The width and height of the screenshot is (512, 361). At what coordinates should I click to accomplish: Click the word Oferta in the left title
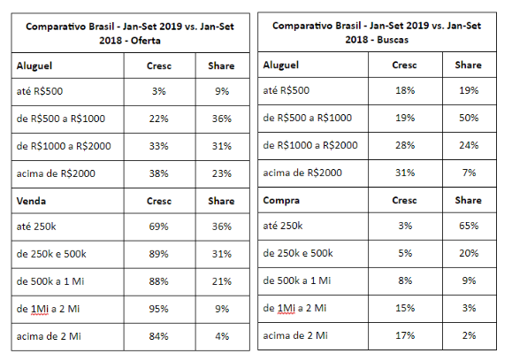[x=146, y=41]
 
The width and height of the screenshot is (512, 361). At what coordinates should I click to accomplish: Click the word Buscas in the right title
[x=393, y=40]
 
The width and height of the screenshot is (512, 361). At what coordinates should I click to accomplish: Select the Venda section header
[x=31, y=201]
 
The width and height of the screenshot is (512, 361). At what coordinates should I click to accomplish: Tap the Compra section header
[x=281, y=200]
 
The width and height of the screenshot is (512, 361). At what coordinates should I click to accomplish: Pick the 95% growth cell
[x=158, y=309]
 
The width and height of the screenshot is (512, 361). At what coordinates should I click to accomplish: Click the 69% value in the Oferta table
[x=158, y=227]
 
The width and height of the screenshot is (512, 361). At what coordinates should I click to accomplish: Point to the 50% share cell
[x=469, y=118]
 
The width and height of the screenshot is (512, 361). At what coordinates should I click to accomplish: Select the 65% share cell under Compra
[x=469, y=226]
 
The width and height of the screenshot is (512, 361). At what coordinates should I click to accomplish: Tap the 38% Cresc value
[x=158, y=173]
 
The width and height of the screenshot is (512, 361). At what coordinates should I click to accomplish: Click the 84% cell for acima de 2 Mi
[x=158, y=336]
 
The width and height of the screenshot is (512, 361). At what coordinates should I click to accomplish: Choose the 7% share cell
[x=469, y=173]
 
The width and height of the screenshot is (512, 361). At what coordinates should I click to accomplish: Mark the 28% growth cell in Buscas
[x=405, y=145]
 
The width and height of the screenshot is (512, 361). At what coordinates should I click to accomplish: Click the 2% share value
[x=469, y=335]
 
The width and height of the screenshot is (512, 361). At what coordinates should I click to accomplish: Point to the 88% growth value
[x=158, y=281]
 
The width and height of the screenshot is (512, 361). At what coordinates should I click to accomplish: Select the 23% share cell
[x=222, y=173]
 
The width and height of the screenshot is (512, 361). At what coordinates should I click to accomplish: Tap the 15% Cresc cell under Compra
[x=405, y=308]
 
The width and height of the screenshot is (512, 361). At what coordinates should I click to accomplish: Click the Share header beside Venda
[x=221, y=201]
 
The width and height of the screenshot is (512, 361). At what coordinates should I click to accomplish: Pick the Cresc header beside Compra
[x=405, y=200]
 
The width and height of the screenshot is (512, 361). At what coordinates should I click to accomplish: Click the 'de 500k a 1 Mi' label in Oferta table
[x=50, y=281]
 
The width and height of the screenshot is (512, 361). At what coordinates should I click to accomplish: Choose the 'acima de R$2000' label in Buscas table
[x=302, y=173]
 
